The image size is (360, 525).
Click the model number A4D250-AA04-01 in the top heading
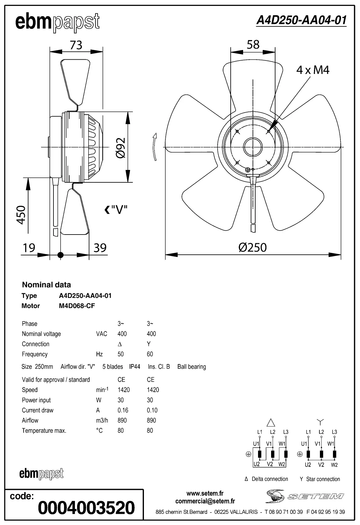[301, 20]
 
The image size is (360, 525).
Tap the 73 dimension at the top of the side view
[76, 45]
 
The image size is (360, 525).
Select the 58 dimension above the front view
[253, 45]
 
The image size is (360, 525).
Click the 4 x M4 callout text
[312, 70]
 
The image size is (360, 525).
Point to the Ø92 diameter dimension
[120, 148]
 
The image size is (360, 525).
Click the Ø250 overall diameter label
[252, 248]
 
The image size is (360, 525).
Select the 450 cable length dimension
[21, 214]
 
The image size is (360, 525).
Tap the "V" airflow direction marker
[116, 210]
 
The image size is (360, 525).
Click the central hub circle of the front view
[253, 147]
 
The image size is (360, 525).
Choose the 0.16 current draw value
[123, 410]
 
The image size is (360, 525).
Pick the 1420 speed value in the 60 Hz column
[153, 390]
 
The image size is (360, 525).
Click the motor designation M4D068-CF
[77, 306]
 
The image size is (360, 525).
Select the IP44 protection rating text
[135, 367]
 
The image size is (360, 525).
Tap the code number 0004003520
[86, 508]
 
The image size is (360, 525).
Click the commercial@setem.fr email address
[205, 501]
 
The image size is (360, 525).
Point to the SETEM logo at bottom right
[304, 496]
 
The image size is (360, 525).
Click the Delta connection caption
[266, 479]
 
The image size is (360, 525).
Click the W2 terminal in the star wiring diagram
[334, 465]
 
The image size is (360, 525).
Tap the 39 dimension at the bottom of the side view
[100, 248]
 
